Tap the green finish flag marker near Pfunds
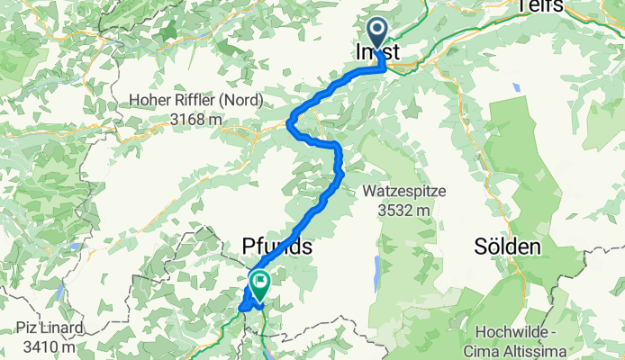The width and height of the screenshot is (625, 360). coord(259,285)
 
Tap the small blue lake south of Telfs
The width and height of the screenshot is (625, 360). coord(515,88)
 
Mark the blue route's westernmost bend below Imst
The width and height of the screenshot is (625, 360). coord(289,124)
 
